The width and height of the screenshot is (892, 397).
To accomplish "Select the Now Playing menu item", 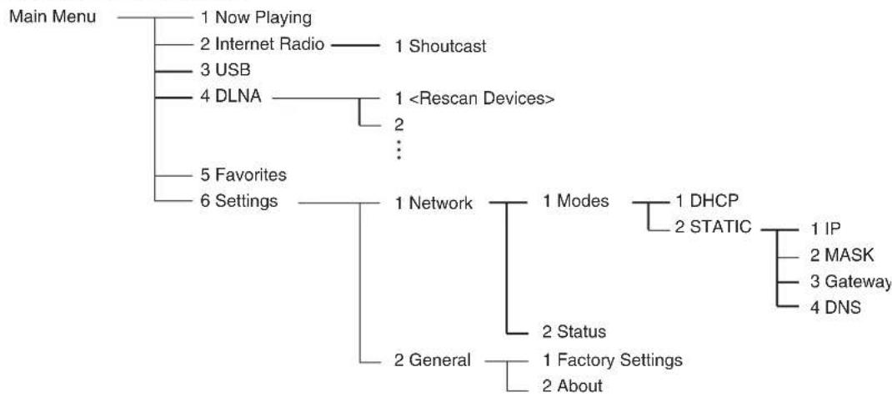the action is pos(256,18).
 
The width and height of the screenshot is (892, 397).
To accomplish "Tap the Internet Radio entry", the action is pos(263,45).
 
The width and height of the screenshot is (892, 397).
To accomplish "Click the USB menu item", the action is pos(225,71).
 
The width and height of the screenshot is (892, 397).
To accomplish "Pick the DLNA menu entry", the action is pos(230,96).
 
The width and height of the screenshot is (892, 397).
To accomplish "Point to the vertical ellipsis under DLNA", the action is pos(399,149).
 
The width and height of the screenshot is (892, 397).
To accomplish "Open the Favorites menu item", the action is pos(243,174).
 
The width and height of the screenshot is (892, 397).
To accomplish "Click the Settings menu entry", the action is pos(239,201).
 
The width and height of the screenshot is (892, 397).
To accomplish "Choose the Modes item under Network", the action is pos(576,201).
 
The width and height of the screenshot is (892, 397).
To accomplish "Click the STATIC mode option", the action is pos(714,228).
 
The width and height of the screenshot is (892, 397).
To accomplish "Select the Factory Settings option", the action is pos(613,360).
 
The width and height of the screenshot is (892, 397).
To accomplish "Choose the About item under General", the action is pos(572,385).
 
